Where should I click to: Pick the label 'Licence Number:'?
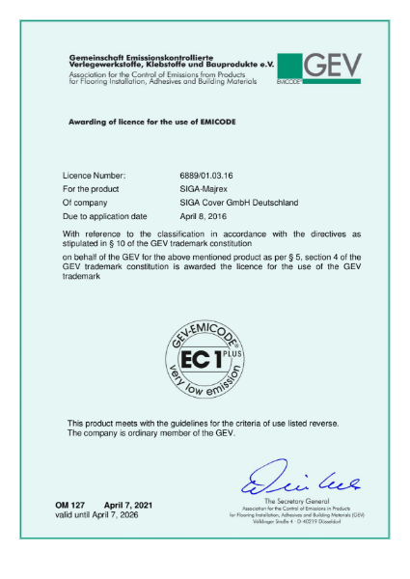click(96, 176)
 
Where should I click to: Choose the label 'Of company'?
click(86, 203)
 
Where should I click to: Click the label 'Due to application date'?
click(104, 216)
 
